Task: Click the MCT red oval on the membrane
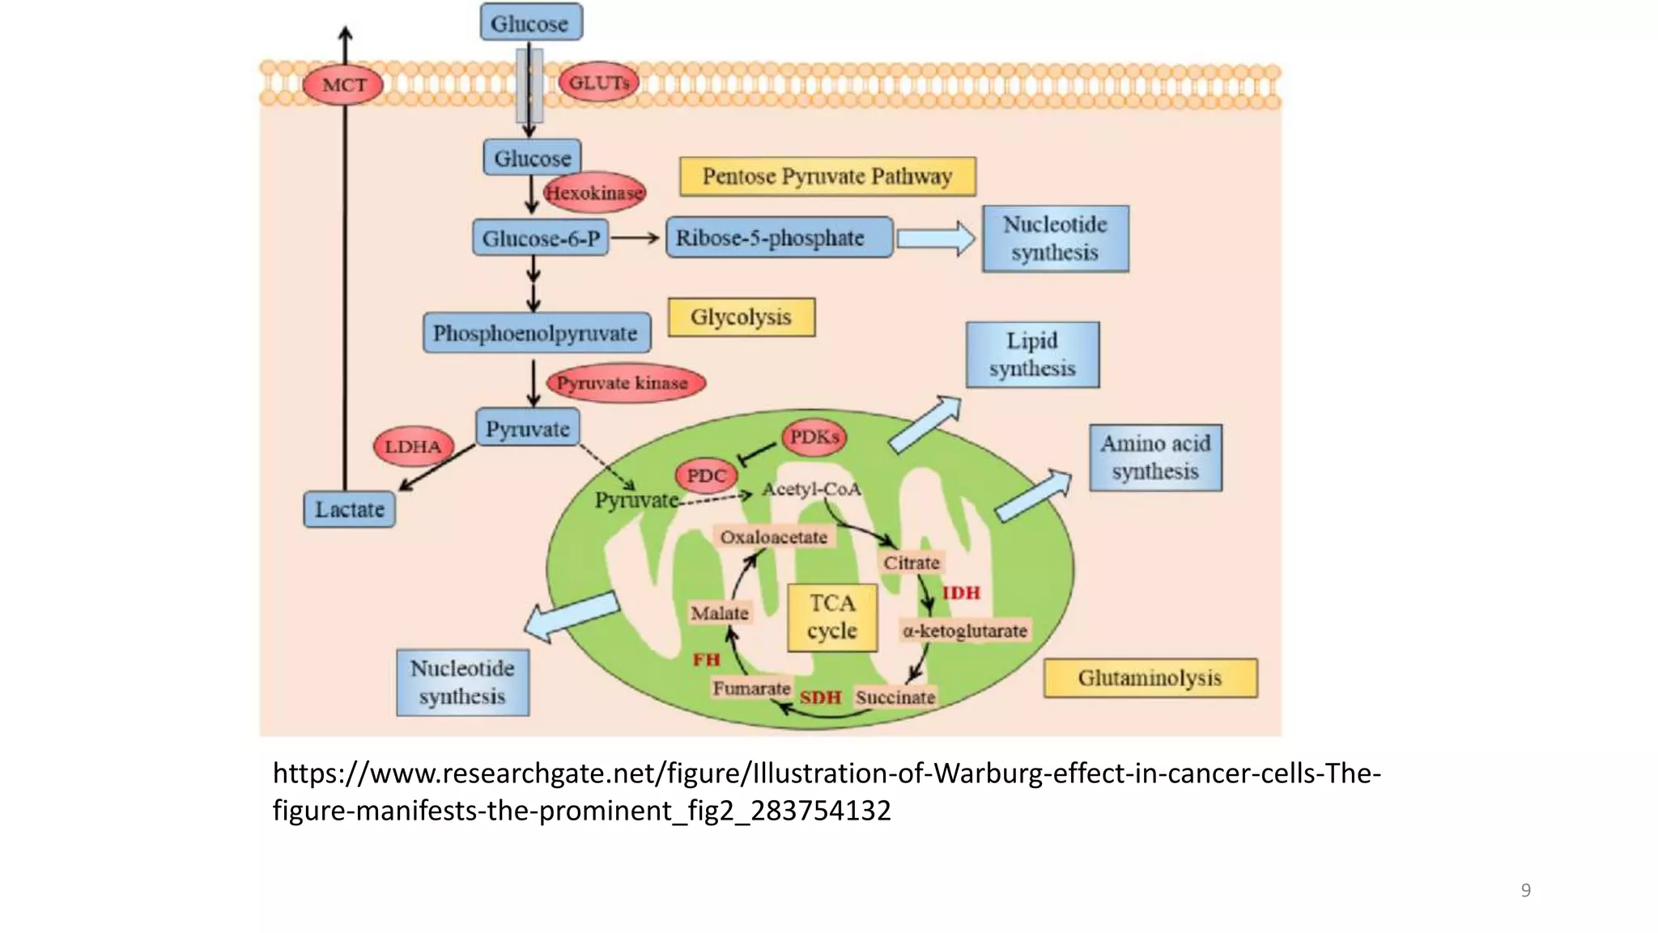342,85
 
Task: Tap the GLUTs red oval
598,83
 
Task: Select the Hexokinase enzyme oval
594,193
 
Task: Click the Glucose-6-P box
540,238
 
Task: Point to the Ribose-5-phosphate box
779,237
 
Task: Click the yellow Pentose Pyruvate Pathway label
827,177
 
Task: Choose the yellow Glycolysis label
741,317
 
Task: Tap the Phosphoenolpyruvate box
536,333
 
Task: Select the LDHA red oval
413,446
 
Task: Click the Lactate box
349,509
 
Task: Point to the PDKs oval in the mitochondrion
814,437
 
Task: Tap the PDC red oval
706,475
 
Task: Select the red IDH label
961,593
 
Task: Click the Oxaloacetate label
773,537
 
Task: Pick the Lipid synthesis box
1032,355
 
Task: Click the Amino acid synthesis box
1155,458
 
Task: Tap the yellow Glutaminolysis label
1150,678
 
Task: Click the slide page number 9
1525,890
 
